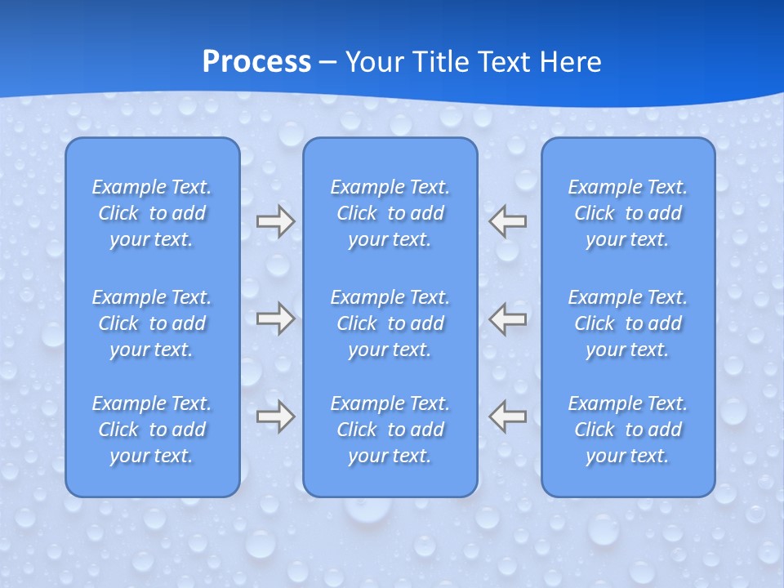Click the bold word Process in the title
256,62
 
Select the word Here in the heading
570,62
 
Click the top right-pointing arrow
275,221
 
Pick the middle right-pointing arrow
275,318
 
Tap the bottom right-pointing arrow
275,416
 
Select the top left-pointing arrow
508,221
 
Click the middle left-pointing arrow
508,318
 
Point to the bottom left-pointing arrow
508,416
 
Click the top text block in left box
152,213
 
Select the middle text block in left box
152,323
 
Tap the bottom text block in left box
152,430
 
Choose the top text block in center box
390,213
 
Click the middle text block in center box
390,323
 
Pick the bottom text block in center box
390,430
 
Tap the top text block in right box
628,213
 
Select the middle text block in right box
628,323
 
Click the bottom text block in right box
628,430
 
